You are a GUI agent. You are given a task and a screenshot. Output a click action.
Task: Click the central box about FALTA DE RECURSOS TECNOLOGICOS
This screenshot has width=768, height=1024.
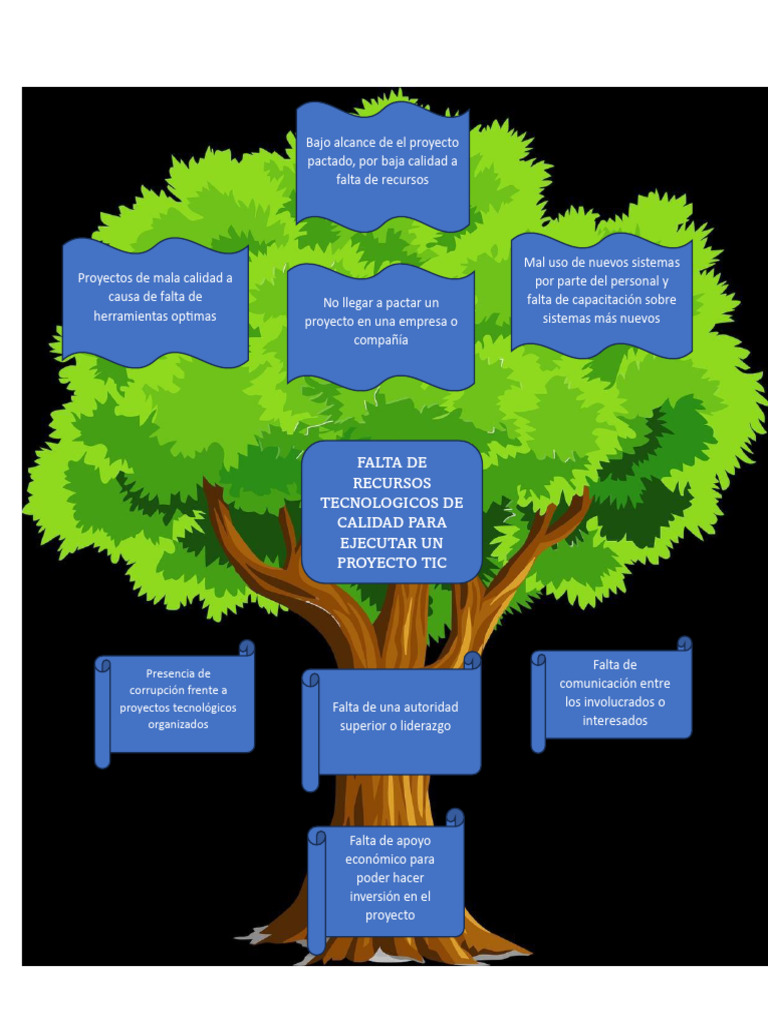coord(391,511)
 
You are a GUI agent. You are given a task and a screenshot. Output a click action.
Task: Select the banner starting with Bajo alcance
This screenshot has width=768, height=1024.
coord(382,165)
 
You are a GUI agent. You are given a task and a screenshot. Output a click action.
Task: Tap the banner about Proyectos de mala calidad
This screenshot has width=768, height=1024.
coord(155,300)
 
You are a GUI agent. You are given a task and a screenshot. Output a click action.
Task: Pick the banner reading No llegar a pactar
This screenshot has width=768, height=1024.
coord(380,325)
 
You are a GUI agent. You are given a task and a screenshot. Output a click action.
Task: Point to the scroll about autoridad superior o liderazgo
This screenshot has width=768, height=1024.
coord(395,720)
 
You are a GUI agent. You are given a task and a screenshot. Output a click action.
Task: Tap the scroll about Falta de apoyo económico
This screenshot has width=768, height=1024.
coord(390,880)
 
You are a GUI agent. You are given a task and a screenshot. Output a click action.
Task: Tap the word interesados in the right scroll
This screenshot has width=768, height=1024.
coord(614,720)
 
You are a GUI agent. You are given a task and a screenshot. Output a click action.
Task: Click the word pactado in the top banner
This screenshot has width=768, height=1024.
coord(330,161)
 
